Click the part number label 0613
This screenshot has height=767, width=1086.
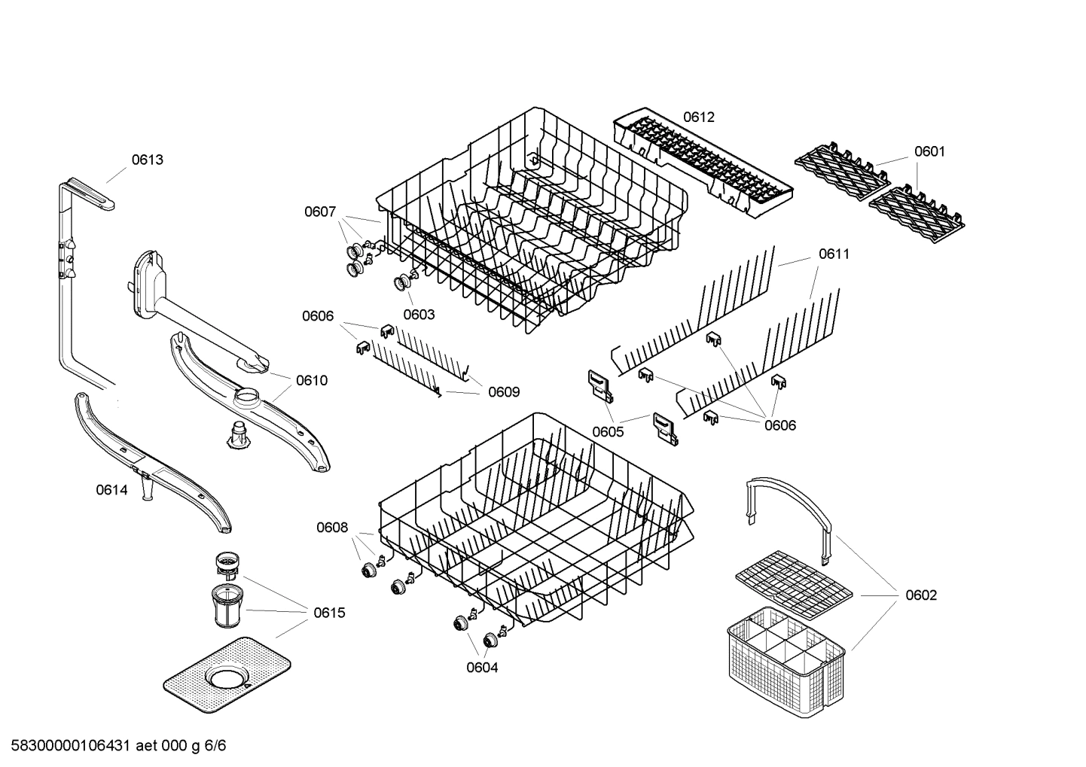(x=147, y=160)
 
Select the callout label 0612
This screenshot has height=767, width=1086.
(x=699, y=117)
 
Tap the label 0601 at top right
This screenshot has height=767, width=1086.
(x=929, y=151)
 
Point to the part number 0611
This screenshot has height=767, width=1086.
(x=834, y=254)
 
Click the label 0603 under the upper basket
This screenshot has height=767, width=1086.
(x=419, y=315)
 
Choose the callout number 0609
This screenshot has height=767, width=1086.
(x=504, y=392)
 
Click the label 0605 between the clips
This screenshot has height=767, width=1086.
(x=608, y=431)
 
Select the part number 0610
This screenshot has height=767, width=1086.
(x=312, y=380)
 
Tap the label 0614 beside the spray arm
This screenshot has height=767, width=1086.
(x=111, y=490)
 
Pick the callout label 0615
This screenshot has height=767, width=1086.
(x=329, y=613)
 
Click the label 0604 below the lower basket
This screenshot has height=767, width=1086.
(x=482, y=667)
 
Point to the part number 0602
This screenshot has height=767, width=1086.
(x=921, y=595)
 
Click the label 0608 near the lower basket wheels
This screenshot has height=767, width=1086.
(x=332, y=528)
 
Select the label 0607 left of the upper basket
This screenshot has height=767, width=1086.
(x=320, y=212)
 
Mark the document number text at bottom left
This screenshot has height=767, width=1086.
(x=114, y=746)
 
